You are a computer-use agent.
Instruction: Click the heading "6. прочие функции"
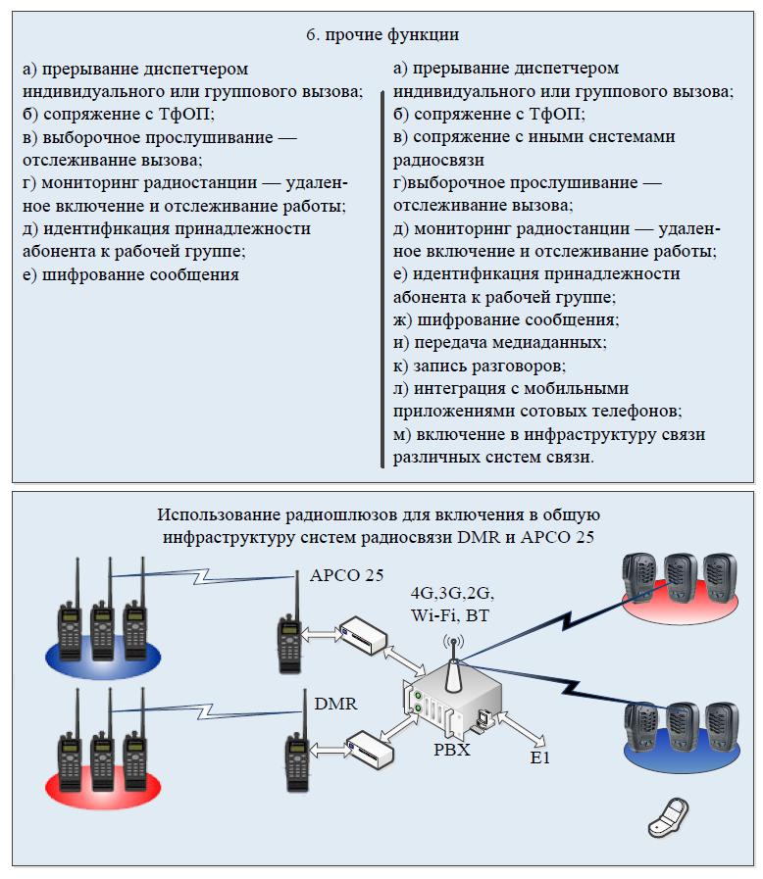click(x=381, y=35)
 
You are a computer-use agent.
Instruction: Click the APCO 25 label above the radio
click(x=346, y=575)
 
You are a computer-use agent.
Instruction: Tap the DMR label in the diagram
click(x=334, y=704)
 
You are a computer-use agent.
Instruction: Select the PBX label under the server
click(x=452, y=753)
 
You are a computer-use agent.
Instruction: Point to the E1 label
click(x=538, y=759)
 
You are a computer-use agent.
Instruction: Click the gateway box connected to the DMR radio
click(x=369, y=750)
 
